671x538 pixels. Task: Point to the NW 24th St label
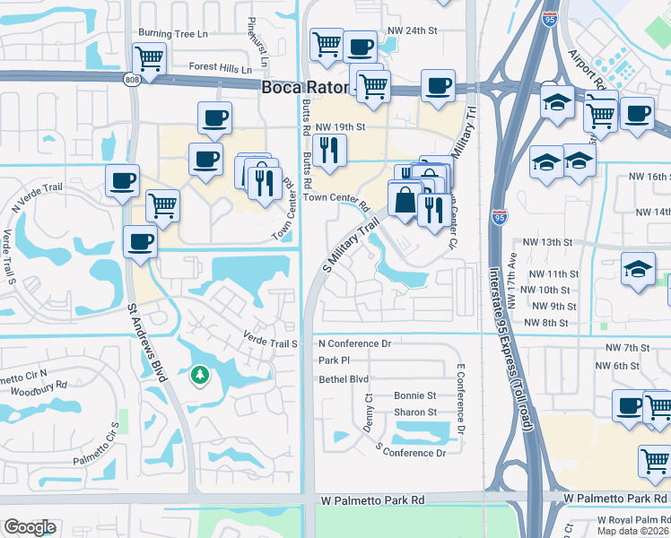[x=411, y=30]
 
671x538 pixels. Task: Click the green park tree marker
[x=198, y=376]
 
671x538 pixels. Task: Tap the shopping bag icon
[x=405, y=199]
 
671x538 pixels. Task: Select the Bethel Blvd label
[x=344, y=379]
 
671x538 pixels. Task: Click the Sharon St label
[x=414, y=412]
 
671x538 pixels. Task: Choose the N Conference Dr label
[x=355, y=343]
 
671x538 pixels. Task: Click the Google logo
[x=30, y=527]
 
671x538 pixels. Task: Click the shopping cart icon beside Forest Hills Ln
[x=149, y=59]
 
